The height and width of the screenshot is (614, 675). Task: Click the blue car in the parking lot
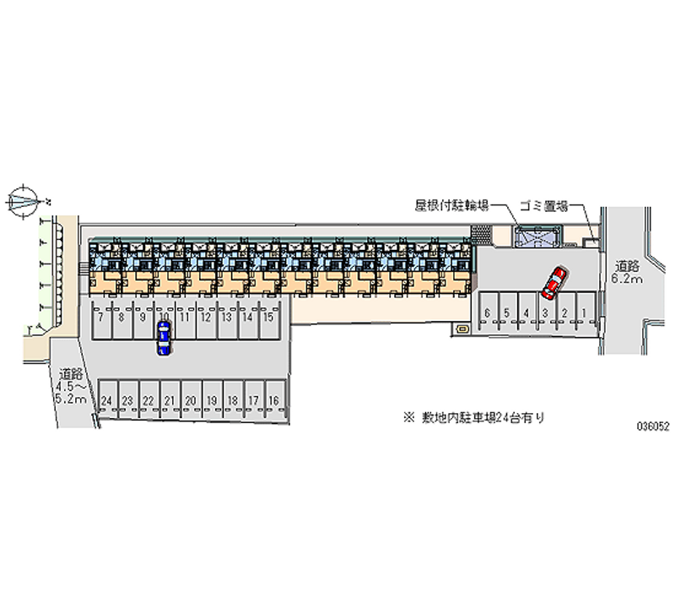[163, 337]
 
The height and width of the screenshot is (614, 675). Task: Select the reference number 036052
[653, 427]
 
